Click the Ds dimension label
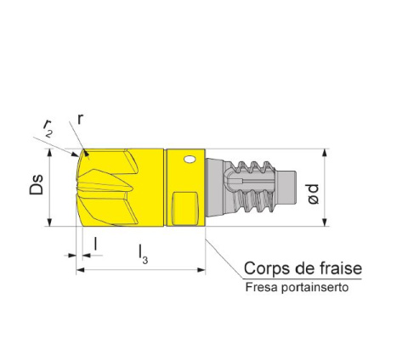(x=37, y=185)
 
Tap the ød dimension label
(x=314, y=194)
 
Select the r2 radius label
(x=48, y=128)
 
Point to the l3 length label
(x=143, y=254)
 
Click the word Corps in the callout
(x=268, y=268)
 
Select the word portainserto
(x=315, y=288)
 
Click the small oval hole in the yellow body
(x=190, y=160)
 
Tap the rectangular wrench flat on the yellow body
(x=185, y=209)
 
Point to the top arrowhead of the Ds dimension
(x=49, y=153)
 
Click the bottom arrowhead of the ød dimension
(x=325, y=222)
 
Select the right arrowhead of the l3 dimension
(x=201, y=270)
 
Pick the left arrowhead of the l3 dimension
(x=81, y=270)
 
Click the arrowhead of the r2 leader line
(x=75, y=155)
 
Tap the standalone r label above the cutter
(x=80, y=120)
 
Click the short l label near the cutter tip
(x=96, y=244)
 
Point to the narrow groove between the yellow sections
(x=165, y=188)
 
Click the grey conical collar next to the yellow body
(x=215, y=188)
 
